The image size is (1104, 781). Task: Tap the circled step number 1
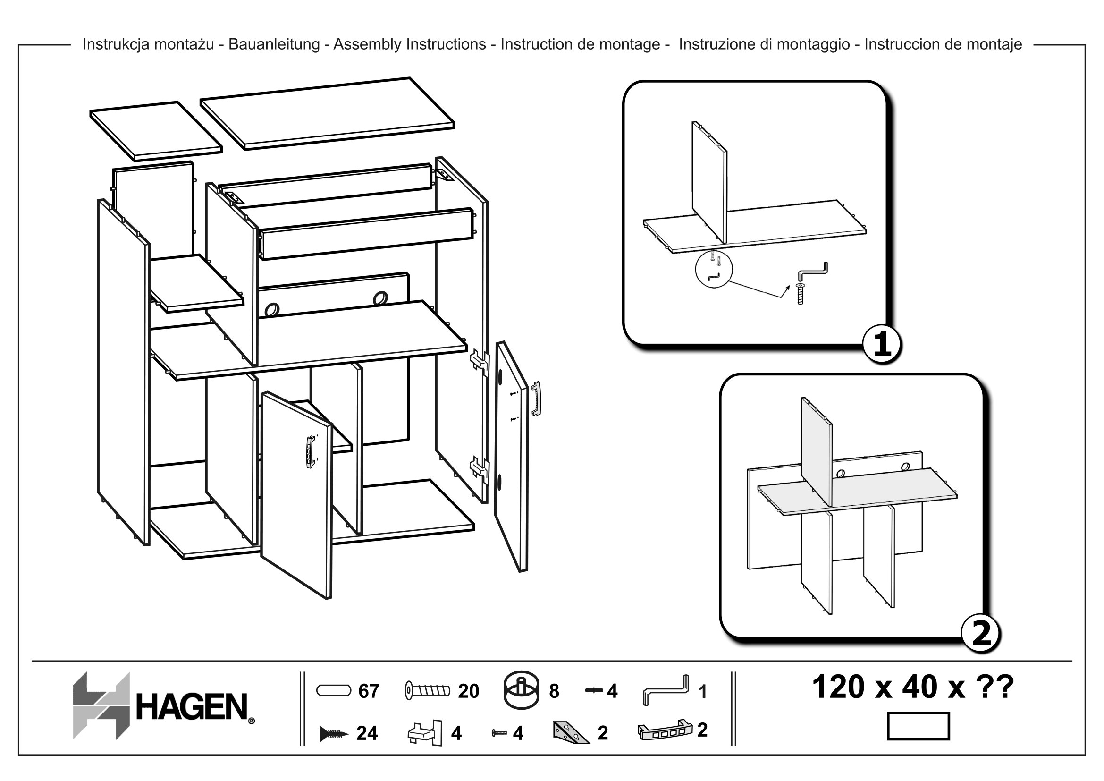[x=882, y=345]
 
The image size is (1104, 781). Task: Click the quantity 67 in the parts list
[x=369, y=691]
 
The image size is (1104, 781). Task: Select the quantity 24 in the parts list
[x=367, y=733]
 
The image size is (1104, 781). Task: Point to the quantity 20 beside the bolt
[x=468, y=691]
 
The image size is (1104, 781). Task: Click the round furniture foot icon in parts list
[x=521, y=691]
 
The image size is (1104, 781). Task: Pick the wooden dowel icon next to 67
[x=334, y=691]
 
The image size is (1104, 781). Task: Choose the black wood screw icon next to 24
[x=334, y=734]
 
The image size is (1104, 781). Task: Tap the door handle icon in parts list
[x=665, y=731]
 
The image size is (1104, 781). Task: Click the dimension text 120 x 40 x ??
[x=913, y=687]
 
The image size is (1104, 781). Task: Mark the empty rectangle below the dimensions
[x=918, y=726]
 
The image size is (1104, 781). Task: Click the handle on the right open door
[x=536, y=398]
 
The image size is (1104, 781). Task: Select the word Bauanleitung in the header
[x=274, y=44]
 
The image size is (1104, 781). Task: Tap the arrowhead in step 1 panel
[x=787, y=287]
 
